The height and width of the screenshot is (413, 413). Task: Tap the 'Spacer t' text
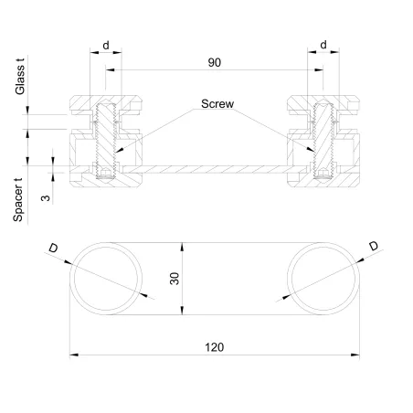(19, 199)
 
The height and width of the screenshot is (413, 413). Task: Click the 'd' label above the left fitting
(106, 43)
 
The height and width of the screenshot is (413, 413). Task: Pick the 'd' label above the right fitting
(324, 43)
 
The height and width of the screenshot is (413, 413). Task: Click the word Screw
(217, 104)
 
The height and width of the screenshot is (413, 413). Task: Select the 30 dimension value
(175, 279)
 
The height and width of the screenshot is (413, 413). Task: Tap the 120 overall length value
(214, 347)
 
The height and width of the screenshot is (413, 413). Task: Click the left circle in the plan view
(108, 279)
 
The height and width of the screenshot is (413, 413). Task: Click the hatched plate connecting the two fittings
(212, 170)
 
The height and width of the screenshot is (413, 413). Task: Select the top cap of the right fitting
(322, 100)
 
